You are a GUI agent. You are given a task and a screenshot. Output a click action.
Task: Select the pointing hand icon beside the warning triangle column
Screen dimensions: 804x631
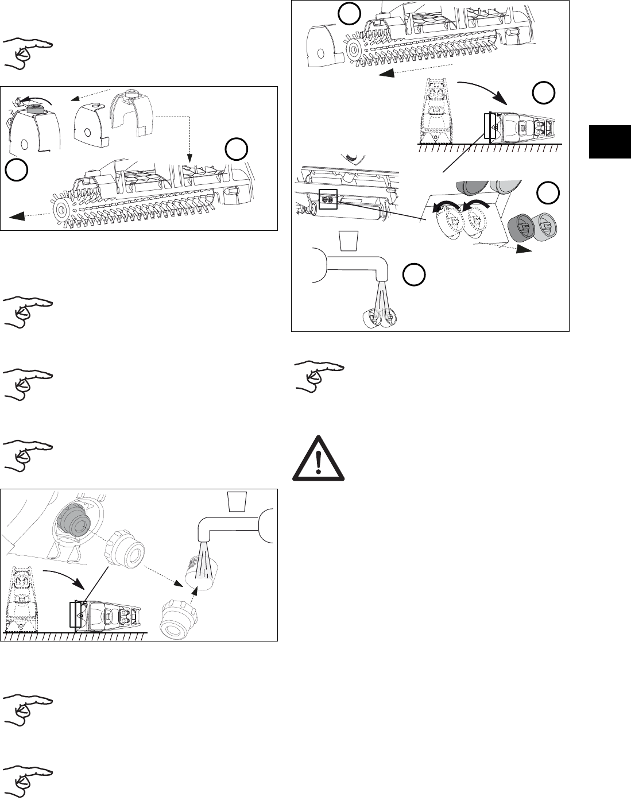point(320,377)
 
